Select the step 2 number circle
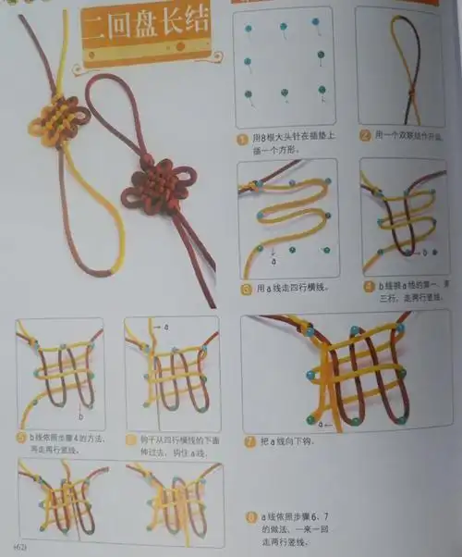pos(365,135)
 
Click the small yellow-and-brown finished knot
pos(55,122)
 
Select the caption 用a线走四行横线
pos(295,289)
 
